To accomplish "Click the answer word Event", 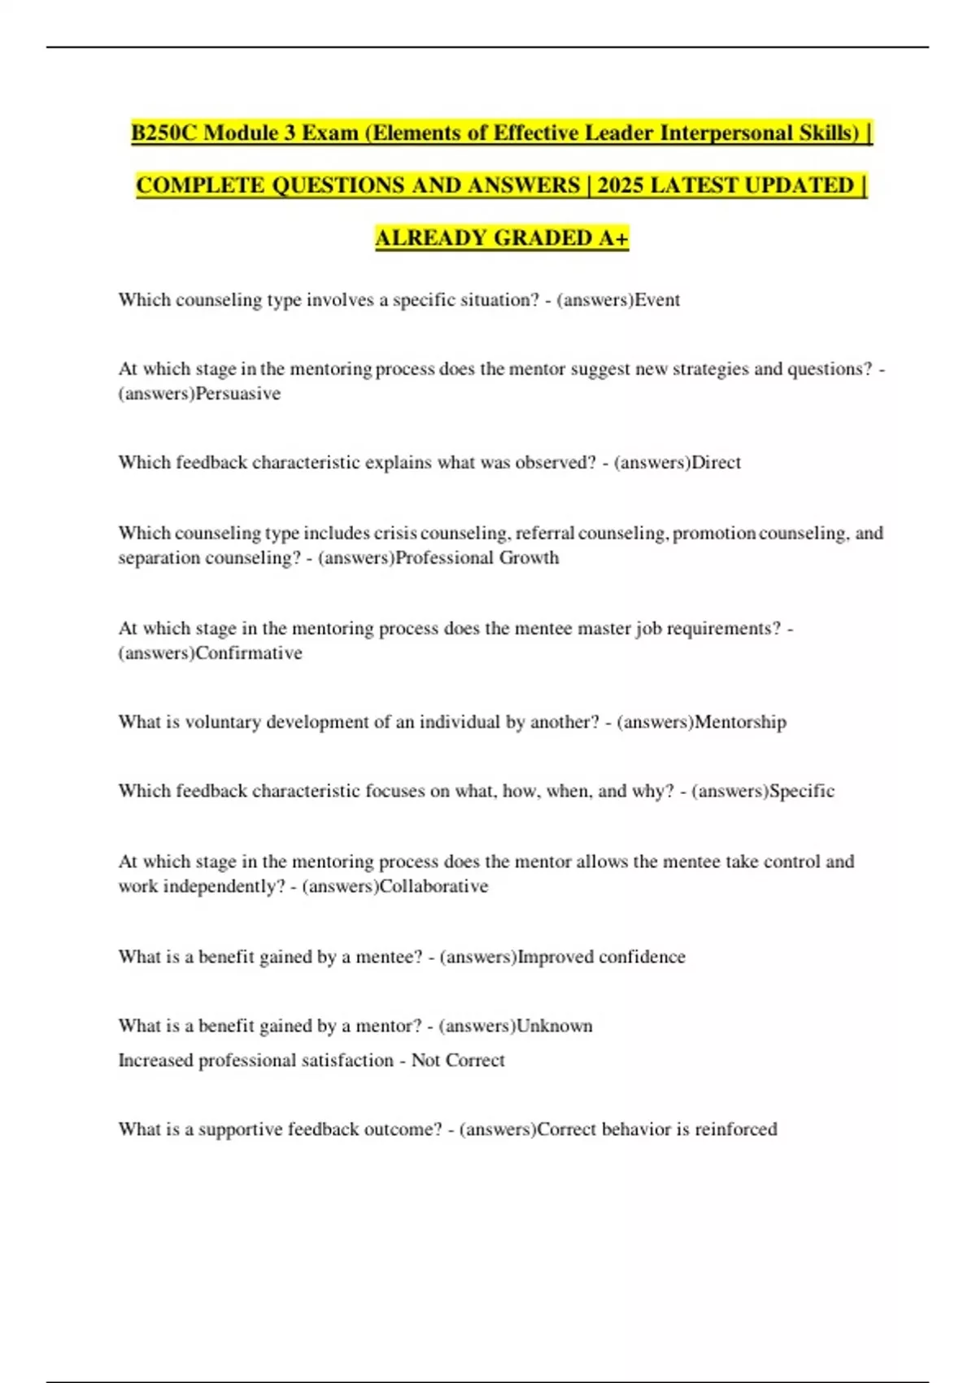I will [x=657, y=299].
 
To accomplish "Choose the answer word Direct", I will [x=716, y=462].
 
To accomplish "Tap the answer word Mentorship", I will [x=740, y=722].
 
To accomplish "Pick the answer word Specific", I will [x=802, y=791].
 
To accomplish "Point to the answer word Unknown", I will [x=555, y=1026].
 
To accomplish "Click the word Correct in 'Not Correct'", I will [x=481, y=1061].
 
